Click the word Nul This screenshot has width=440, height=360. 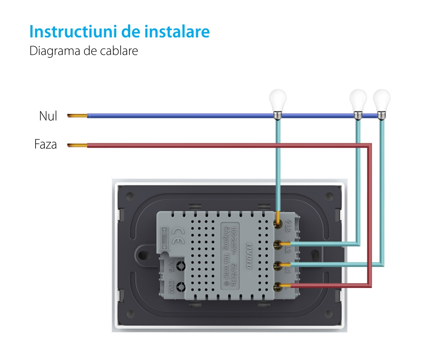(48, 116)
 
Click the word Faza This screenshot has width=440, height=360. (46, 144)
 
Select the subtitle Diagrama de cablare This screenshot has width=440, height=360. (84, 51)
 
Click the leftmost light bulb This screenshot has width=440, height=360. (278, 101)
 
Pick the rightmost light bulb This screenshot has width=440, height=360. (381, 101)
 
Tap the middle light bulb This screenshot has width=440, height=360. (358, 101)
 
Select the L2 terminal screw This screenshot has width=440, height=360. (278, 245)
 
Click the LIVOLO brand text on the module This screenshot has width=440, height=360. (249, 255)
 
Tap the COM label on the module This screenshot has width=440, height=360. (170, 287)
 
